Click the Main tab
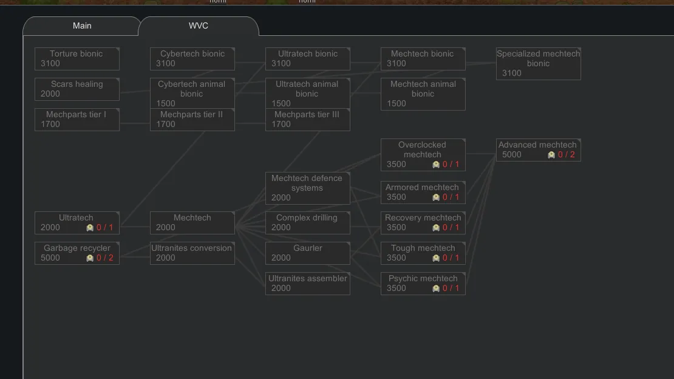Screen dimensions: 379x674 coord(82,26)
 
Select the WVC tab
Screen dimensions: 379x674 coord(198,26)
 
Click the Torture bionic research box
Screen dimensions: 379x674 coord(77,58)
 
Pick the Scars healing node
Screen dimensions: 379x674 coord(77,89)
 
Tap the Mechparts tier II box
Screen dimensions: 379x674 coord(192,119)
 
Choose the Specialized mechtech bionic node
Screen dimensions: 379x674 coord(538,63)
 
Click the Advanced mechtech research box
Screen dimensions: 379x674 coord(538,149)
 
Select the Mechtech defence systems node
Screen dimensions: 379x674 coord(307,188)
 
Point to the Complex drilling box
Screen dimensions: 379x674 coord(307,222)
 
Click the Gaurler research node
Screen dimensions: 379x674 coord(307,253)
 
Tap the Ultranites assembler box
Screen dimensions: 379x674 coord(307,283)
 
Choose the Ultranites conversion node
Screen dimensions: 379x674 coord(192,253)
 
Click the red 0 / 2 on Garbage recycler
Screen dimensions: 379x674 coord(104,258)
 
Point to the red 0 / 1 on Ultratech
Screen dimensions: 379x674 coord(104,227)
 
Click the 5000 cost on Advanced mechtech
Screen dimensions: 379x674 coord(512,154)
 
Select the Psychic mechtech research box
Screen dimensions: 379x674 coord(423,283)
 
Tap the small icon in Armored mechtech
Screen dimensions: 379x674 coord(436,197)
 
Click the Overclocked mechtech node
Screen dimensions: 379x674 coord(423,154)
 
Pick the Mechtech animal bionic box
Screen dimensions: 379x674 coord(423,94)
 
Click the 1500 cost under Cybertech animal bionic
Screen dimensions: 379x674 coord(166,103)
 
